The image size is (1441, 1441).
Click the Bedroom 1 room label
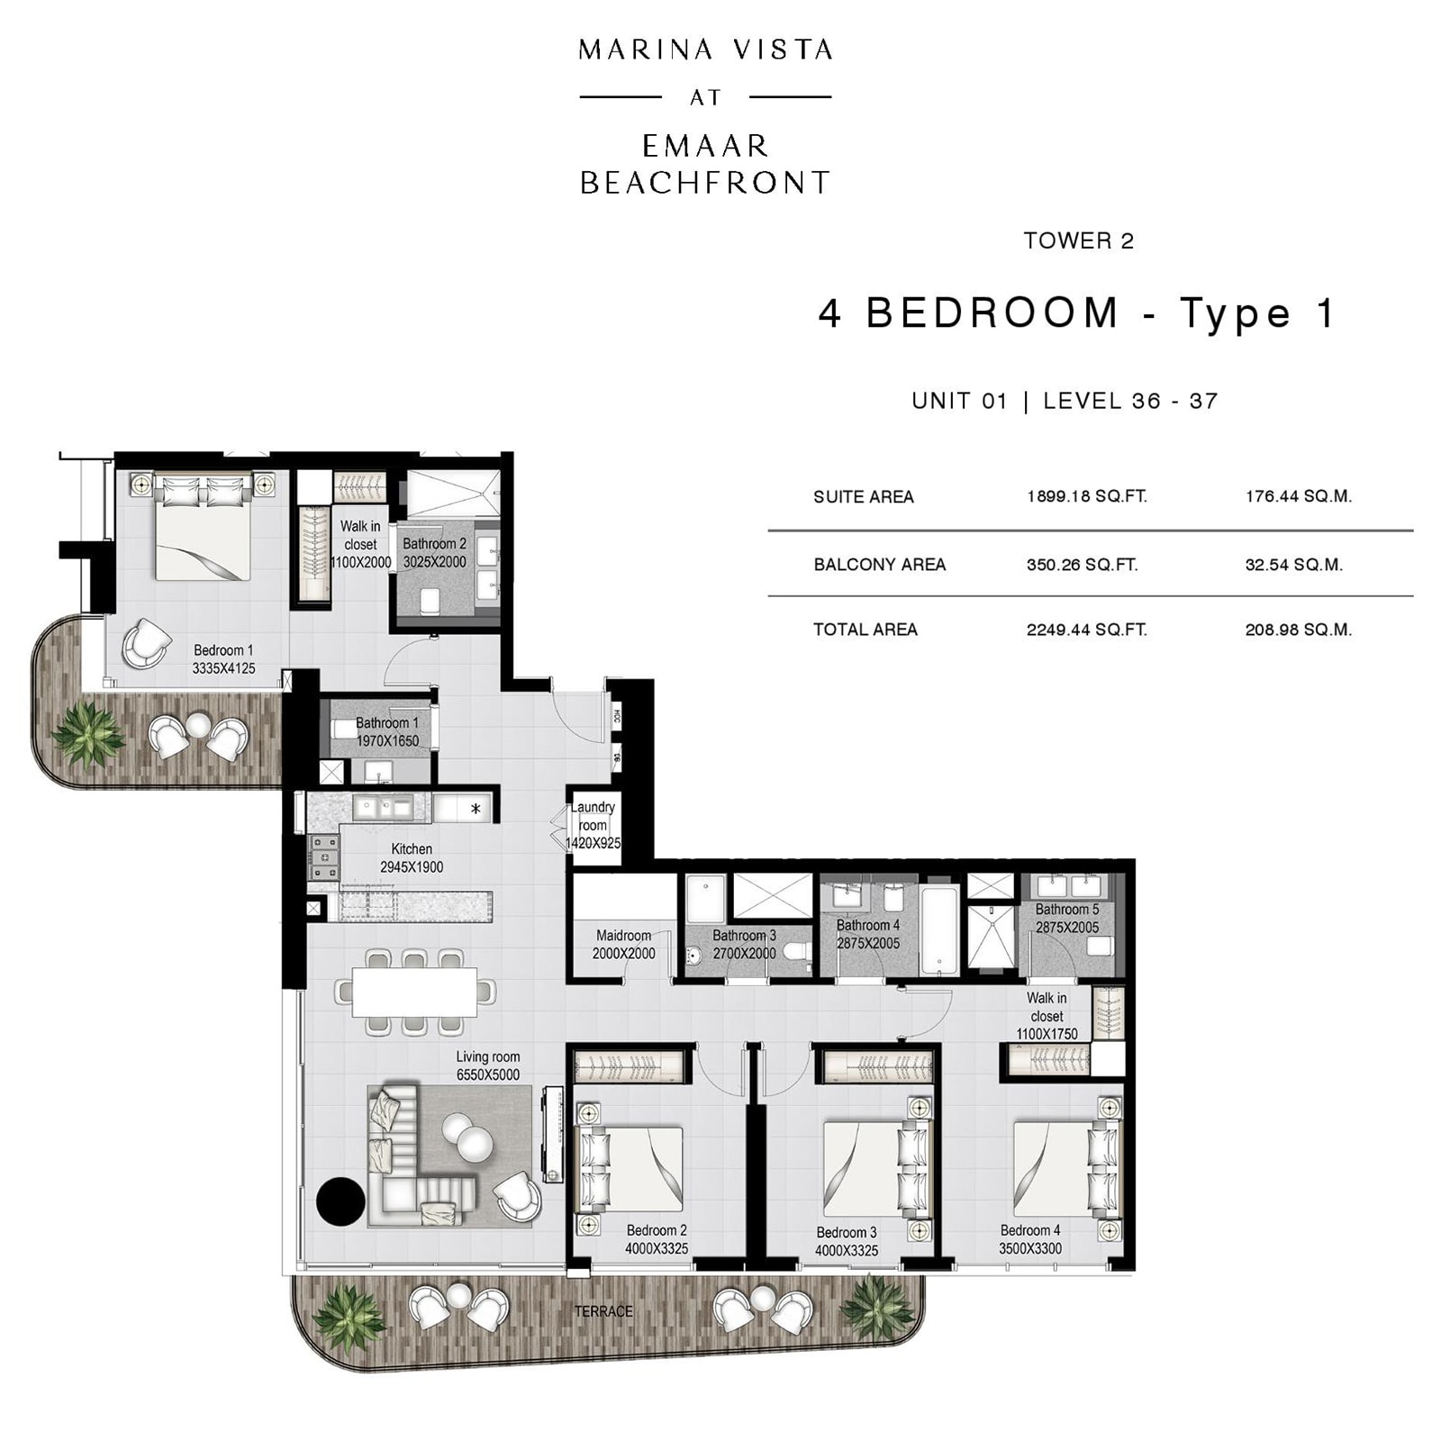point(223,650)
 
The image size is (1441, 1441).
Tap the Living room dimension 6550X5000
point(487,1074)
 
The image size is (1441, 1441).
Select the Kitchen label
point(412,849)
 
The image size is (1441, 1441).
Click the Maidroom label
point(623,936)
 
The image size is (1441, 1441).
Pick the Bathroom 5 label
point(1066,910)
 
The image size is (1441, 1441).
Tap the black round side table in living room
point(341,1201)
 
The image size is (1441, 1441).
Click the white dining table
point(414,992)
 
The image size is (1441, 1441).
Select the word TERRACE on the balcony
point(603,1311)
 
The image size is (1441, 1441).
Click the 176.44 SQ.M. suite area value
point(1298,496)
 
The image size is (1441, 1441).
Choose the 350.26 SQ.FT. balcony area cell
point(1082,565)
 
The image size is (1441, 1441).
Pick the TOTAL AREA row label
point(865,630)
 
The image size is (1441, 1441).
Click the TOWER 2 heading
point(1078,240)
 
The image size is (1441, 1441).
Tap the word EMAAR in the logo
point(705,145)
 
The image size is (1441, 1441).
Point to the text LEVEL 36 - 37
point(1130,401)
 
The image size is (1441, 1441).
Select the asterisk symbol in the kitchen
point(476,809)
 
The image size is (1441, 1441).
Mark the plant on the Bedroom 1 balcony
point(87,734)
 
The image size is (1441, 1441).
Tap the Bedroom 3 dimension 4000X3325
point(846,1250)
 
